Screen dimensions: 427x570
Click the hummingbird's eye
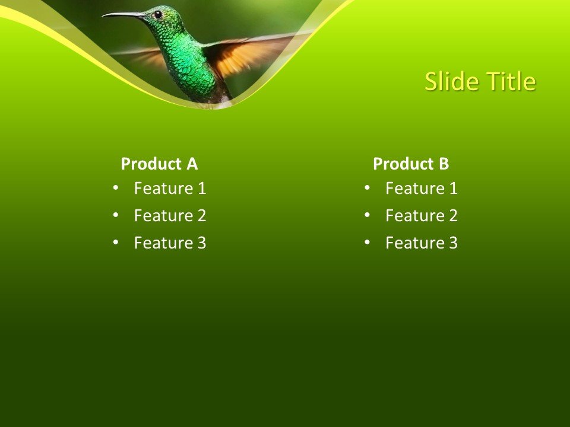[158, 15]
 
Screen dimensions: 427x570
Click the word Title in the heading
[512, 82]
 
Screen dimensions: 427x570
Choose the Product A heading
[159, 164]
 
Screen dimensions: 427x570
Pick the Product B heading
[411, 164]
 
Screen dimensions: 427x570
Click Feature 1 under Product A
[170, 189]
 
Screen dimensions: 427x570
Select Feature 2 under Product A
[170, 216]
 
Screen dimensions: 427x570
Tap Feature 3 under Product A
[170, 243]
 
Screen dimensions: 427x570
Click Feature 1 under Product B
[422, 189]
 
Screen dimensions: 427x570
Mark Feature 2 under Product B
[422, 216]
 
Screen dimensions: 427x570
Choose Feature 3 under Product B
[422, 243]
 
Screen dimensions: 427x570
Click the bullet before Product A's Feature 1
[115, 188]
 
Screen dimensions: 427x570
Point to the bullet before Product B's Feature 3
[367, 243]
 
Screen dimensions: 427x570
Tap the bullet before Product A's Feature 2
[115, 215]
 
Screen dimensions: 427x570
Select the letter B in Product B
[444, 164]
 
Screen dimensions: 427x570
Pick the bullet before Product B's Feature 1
[367, 188]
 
